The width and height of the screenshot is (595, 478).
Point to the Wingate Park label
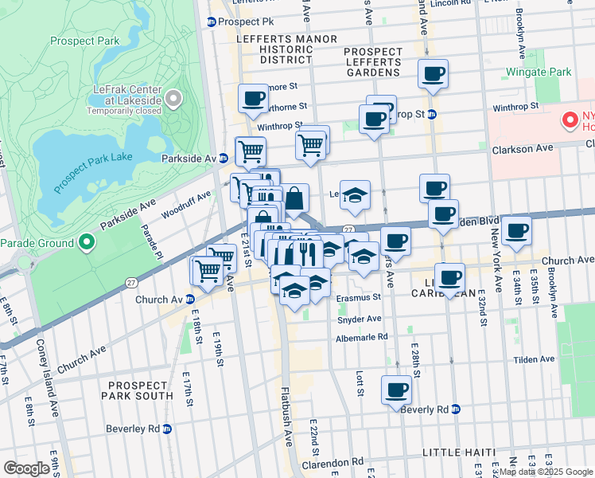pyautogui.click(x=539, y=72)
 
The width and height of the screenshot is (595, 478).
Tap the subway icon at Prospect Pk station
pyautogui.click(x=212, y=22)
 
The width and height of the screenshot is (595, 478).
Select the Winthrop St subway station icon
pyautogui.click(x=432, y=114)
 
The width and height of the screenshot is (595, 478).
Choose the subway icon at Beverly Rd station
pyautogui.click(x=456, y=409)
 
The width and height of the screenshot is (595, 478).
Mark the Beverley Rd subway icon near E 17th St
pyautogui.click(x=166, y=429)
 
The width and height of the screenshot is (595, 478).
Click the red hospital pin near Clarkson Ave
pyautogui.click(x=570, y=120)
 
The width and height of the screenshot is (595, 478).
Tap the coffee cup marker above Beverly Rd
pyautogui.click(x=396, y=390)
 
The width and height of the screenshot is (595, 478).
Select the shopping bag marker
pyautogui.click(x=295, y=198)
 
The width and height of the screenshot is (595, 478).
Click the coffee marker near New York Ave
pyautogui.click(x=516, y=231)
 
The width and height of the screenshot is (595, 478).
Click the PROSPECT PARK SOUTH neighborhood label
pyautogui.click(x=137, y=389)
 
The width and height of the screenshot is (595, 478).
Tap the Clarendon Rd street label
pyautogui.click(x=336, y=460)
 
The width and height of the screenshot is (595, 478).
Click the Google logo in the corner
pyautogui.click(x=27, y=468)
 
